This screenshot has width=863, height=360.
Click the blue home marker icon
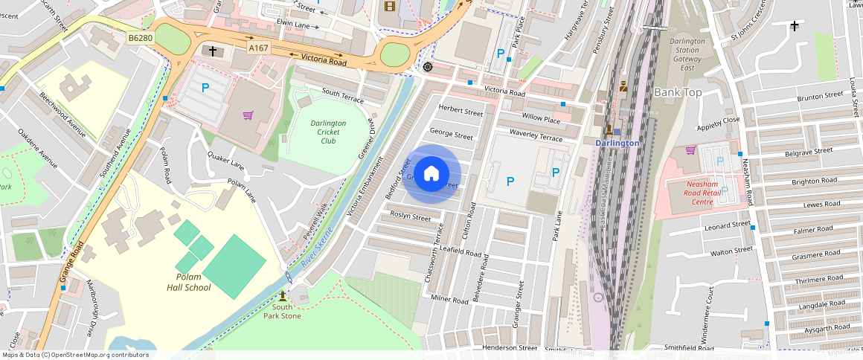[431, 174]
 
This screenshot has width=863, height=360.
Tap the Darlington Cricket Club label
[328, 132]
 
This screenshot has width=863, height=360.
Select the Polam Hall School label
[188, 283]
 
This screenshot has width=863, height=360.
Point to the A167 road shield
[258, 48]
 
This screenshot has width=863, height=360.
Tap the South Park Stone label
[282, 311]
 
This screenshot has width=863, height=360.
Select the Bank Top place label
[678, 92]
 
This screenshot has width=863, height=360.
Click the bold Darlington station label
[617, 143]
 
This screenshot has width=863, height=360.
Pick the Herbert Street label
[461, 111]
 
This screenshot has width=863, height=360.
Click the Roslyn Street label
[411, 217]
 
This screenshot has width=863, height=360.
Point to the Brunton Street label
[820, 97]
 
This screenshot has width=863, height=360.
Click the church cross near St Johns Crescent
[795, 27]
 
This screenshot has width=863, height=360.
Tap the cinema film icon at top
[390, 7]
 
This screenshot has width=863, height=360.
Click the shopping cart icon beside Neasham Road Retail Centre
[690, 150]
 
